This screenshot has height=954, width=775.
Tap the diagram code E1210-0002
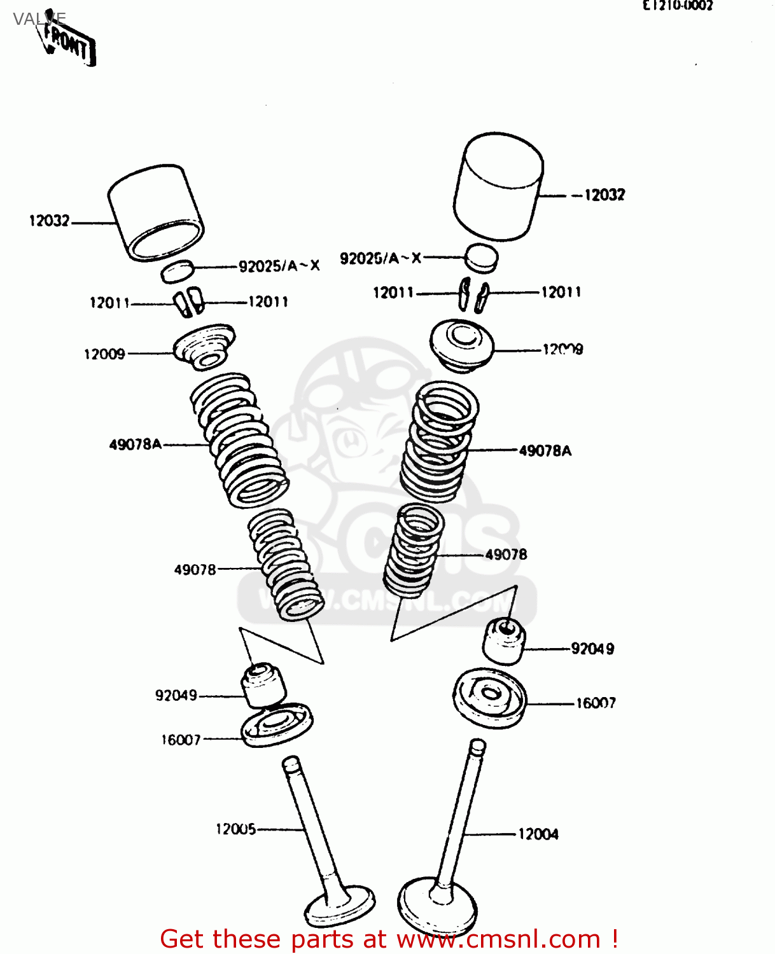click(x=677, y=6)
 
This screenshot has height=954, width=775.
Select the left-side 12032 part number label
click(x=49, y=221)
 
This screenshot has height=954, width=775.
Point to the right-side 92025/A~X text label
click(x=381, y=258)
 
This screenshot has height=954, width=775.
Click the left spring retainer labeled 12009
click(x=204, y=346)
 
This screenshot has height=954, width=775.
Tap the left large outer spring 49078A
click(x=240, y=439)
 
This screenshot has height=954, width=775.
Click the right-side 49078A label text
click(x=545, y=451)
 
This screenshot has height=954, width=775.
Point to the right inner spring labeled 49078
click(x=414, y=550)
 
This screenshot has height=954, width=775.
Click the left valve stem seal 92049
click(x=262, y=684)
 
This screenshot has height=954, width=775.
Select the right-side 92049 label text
click(x=592, y=649)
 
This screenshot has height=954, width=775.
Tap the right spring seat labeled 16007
click(x=489, y=697)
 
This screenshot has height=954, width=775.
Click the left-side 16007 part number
click(x=181, y=740)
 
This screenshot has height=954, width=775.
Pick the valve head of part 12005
click(x=340, y=905)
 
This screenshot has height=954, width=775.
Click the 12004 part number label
click(x=538, y=834)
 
